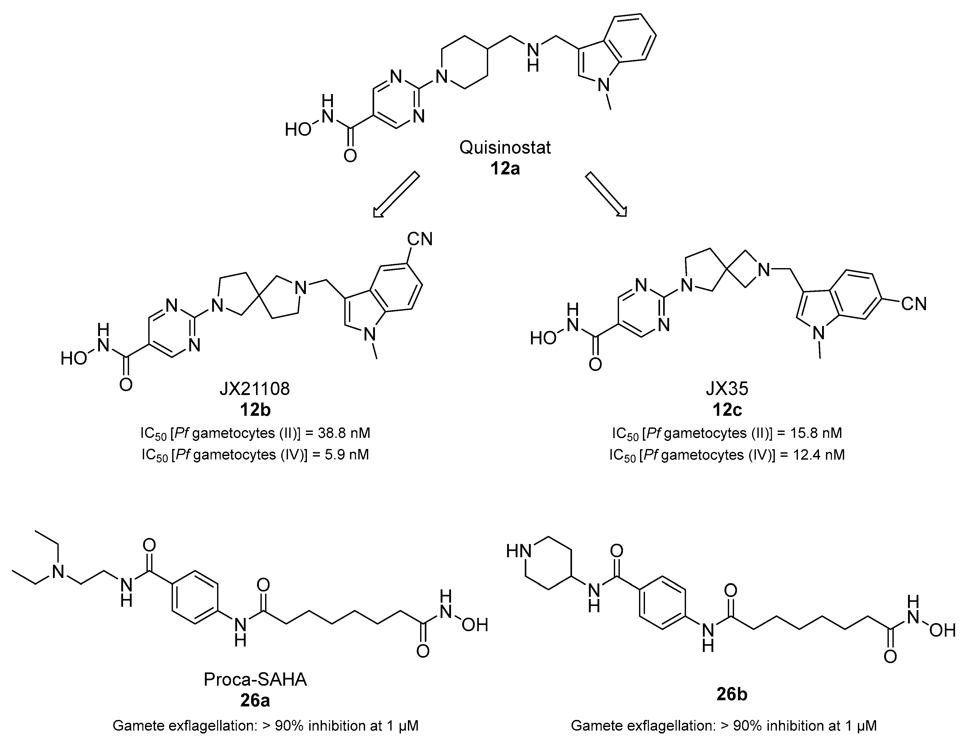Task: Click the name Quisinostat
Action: click(x=505, y=147)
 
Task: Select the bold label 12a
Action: click(x=505, y=169)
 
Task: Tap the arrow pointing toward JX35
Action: click(x=606, y=195)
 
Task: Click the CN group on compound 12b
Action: click(x=419, y=239)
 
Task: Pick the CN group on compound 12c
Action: click(x=913, y=304)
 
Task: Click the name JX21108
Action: click(x=255, y=389)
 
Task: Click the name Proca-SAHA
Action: click(x=255, y=679)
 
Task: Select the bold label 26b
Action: click(x=732, y=695)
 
